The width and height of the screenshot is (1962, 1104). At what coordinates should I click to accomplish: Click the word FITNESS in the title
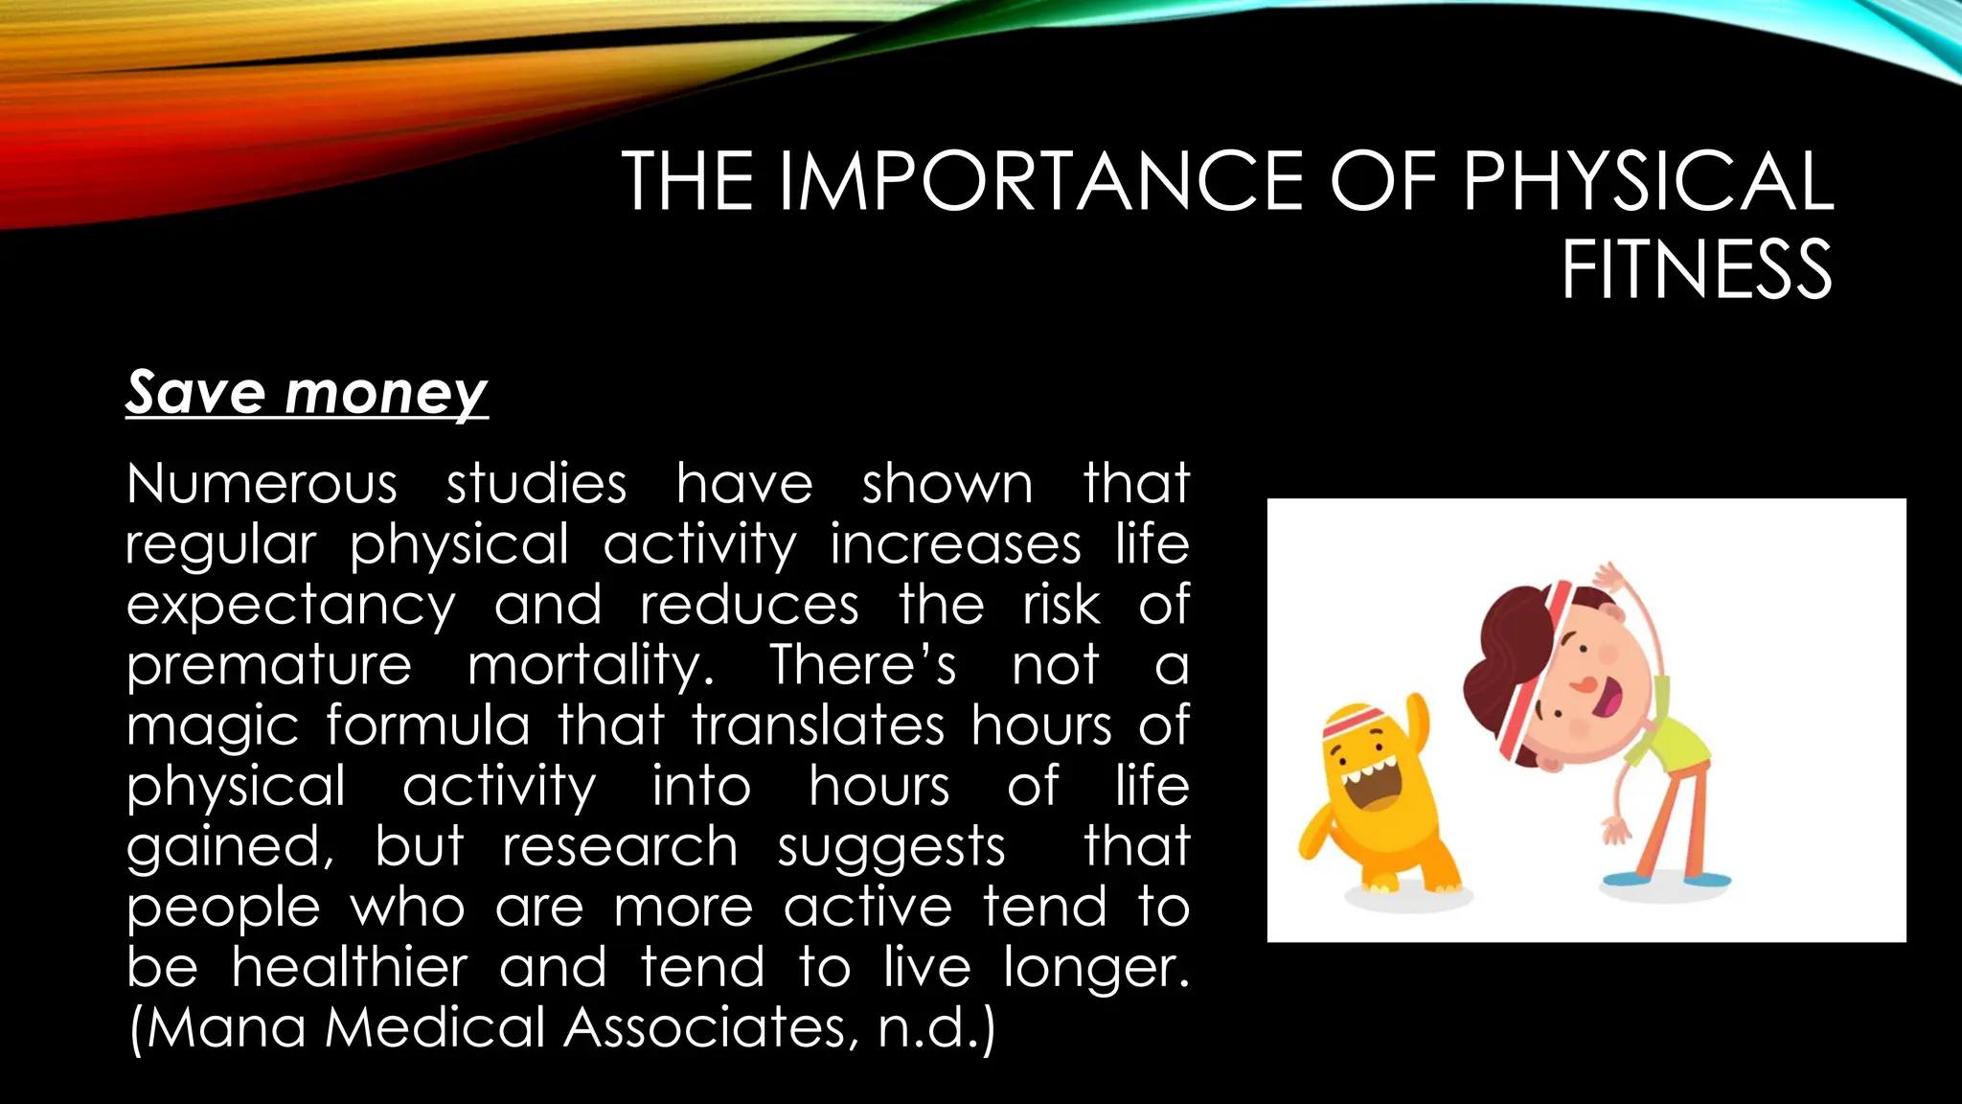point(1697,270)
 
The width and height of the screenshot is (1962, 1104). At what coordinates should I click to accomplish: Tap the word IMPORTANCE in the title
point(1040,181)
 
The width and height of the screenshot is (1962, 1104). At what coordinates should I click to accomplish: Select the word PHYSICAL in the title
point(1647,181)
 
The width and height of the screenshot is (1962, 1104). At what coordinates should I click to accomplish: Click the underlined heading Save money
point(307,393)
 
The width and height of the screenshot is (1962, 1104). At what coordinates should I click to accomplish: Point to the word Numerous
point(262,483)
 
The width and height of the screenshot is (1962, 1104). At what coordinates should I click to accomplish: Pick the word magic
point(212,726)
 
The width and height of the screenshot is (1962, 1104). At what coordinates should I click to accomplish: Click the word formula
point(427,724)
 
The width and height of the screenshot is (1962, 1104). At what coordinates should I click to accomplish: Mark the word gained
point(230,848)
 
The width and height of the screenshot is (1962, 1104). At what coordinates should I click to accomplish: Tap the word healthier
point(349,967)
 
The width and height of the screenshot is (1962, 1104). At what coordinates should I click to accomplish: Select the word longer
point(1096,969)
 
